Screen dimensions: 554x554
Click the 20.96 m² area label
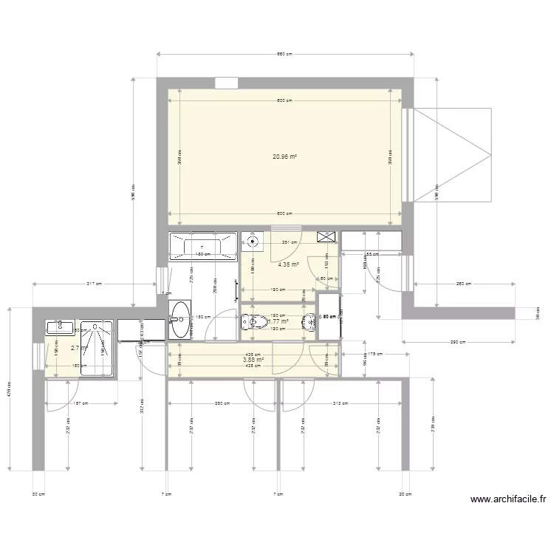coord(284,157)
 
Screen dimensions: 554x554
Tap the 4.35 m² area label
coord(288,264)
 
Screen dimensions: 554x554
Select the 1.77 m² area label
coord(278,321)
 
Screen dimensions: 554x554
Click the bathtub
coord(202,244)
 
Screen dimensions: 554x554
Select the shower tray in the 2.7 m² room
coord(96,349)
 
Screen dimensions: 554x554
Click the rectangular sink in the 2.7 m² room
coord(58,327)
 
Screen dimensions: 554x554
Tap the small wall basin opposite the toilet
coord(307,322)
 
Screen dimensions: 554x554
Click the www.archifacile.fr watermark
coord(508,500)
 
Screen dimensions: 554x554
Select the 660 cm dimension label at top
coord(284,54)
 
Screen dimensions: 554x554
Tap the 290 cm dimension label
coord(460,341)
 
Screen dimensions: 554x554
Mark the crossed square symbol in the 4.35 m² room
coord(325,237)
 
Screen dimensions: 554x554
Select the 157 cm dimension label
coord(81,403)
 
